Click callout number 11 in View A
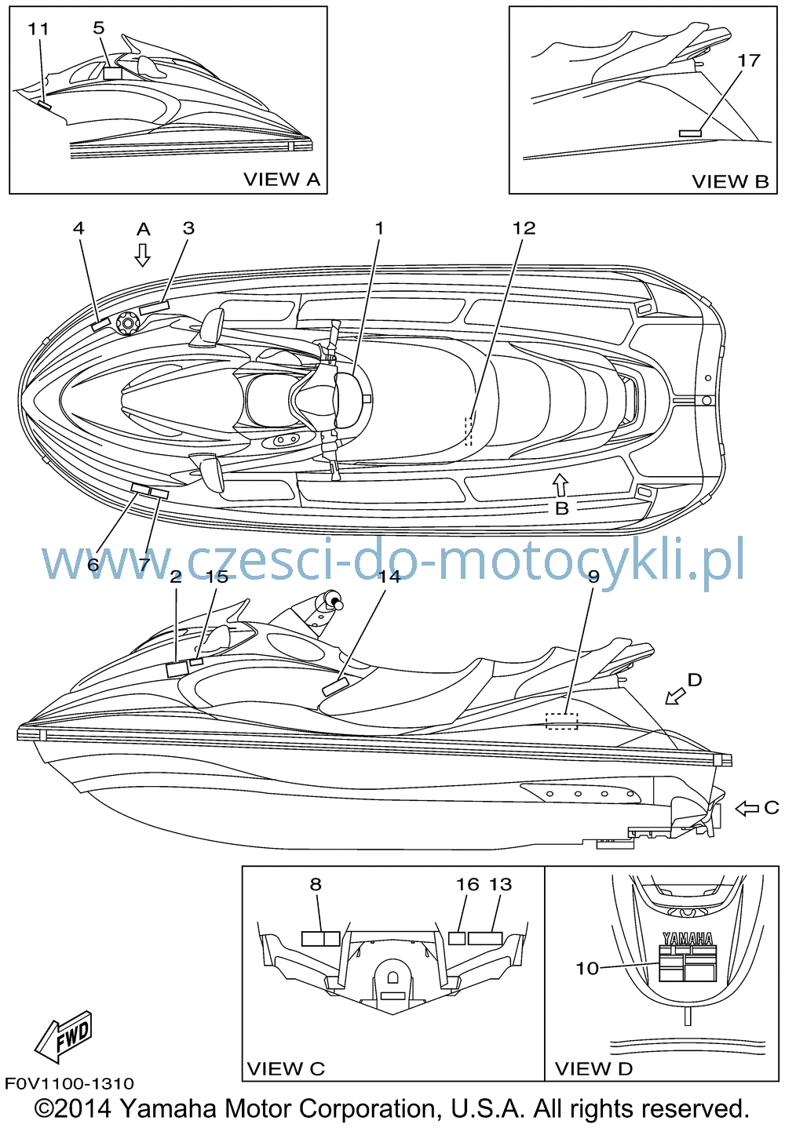click(x=38, y=29)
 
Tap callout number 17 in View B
click(x=748, y=60)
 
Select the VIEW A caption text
click(x=282, y=180)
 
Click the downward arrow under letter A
click(x=143, y=255)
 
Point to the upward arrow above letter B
click(x=560, y=485)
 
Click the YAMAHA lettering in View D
click(x=688, y=939)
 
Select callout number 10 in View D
click(x=587, y=968)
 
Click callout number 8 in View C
click(x=316, y=898)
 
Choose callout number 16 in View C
click(x=468, y=898)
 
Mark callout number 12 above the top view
click(x=524, y=228)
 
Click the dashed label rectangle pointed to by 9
click(x=562, y=721)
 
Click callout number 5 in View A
click(x=99, y=28)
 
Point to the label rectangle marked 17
click(x=690, y=133)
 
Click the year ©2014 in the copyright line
click(x=72, y=1109)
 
